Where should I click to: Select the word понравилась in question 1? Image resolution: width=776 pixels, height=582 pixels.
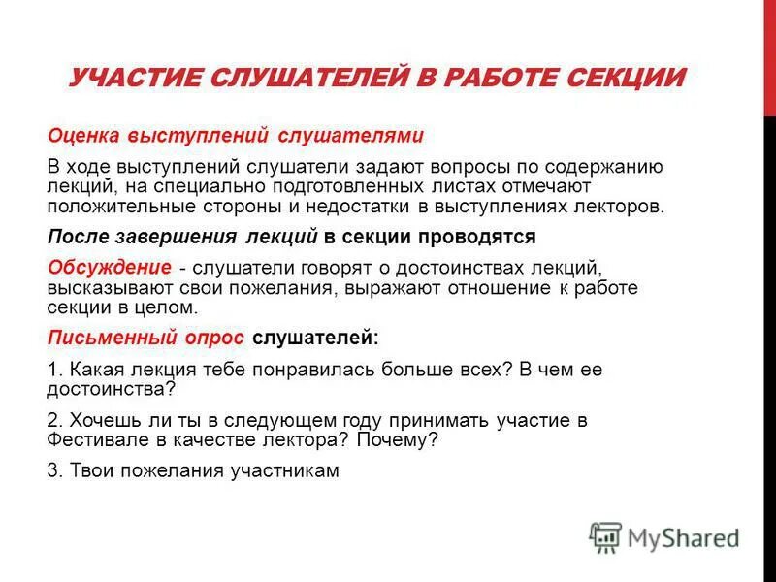[288, 370]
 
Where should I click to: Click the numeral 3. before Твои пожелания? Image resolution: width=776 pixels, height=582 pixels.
[53, 471]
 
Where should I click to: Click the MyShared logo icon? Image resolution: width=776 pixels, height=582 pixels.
[606, 536]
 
